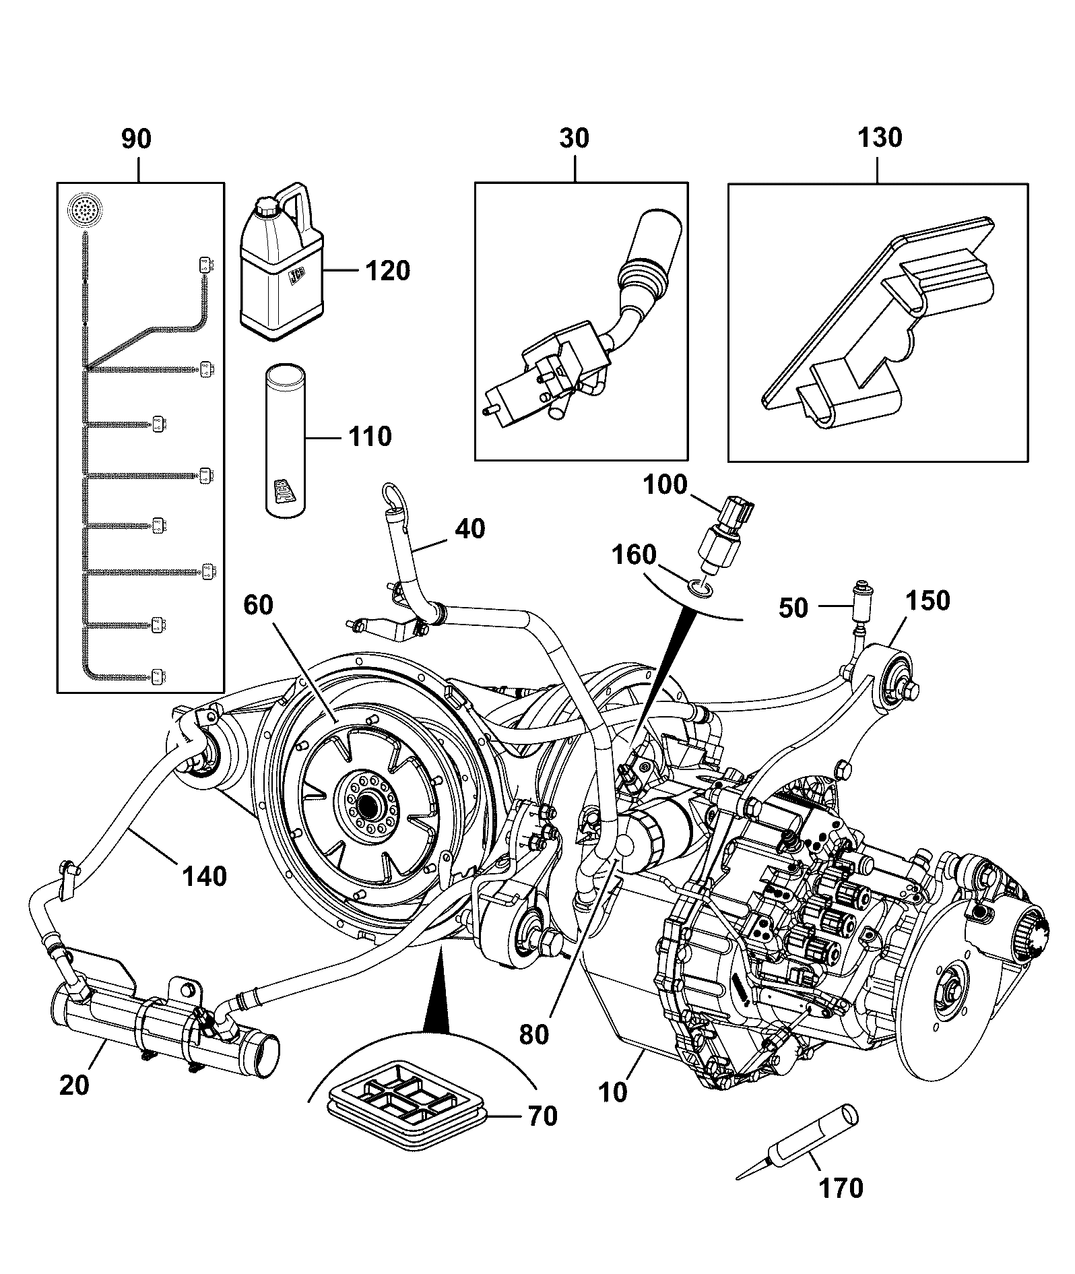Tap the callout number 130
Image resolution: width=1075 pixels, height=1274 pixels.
click(879, 137)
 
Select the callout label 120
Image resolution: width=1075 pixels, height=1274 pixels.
click(387, 271)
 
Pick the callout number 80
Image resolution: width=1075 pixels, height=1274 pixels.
click(533, 1034)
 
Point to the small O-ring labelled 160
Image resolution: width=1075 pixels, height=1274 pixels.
click(699, 588)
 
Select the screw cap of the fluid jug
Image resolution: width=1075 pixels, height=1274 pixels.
click(265, 205)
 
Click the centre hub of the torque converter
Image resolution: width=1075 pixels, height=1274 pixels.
click(368, 804)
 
